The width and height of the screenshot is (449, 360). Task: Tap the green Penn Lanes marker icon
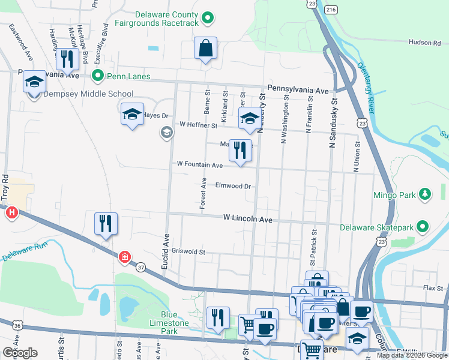click(98, 76)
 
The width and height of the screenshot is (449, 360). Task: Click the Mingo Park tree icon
click(425, 194)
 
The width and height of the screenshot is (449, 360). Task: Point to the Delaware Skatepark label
click(376, 227)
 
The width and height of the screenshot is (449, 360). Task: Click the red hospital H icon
click(11, 213)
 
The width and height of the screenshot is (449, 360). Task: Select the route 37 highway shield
click(140, 267)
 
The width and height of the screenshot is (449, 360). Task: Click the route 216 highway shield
click(331, 10)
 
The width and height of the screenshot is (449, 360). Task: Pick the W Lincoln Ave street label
click(247, 220)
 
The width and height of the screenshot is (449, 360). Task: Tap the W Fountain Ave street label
click(199, 164)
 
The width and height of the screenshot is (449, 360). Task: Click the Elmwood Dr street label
click(232, 186)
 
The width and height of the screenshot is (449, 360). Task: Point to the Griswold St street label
click(188, 252)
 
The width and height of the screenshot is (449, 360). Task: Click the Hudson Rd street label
click(424, 43)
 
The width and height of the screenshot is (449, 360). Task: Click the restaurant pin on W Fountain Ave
click(240, 150)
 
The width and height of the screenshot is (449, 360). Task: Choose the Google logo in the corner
click(20, 353)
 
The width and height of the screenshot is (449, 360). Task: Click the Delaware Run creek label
click(23, 251)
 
